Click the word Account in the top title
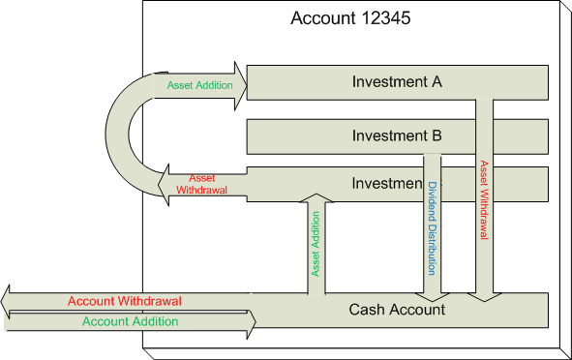click(x=323, y=18)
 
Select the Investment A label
click(x=397, y=82)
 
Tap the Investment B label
click(x=397, y=135)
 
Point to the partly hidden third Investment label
click(x=385, y=184)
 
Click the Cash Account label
click(x=397, y=310)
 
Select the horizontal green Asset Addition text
click(x=199, y=85)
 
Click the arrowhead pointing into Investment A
click(x=239, y=82)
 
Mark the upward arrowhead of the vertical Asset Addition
click(x=316, y=198)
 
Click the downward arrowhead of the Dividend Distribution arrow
click(x=432, y=292)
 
